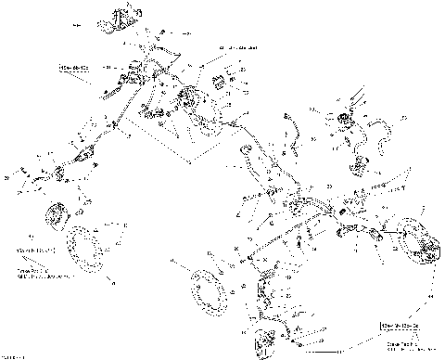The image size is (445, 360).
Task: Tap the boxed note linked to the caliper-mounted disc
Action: pos(400,327)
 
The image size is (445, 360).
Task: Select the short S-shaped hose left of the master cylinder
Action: pos(290,129)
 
